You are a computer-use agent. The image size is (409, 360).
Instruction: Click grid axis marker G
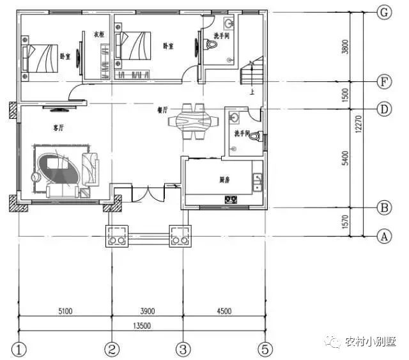[384, 12]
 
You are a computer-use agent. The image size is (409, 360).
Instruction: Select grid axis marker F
[384, 82]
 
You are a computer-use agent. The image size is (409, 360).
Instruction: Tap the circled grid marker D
[384, 109]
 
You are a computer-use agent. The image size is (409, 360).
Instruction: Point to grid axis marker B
[384, 208]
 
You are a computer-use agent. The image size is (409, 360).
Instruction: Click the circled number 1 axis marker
[20, 350]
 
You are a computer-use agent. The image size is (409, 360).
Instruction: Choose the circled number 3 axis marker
[183, 350]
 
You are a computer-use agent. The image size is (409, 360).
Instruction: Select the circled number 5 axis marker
[265, 350]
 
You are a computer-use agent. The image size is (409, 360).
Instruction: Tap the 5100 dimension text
[65, 311]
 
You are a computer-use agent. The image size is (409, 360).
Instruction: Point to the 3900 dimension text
[148, 311]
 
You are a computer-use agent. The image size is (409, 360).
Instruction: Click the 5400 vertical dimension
[346, 158]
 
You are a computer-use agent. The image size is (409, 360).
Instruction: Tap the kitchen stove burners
[231, 200]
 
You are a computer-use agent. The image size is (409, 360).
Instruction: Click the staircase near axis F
[251, 72]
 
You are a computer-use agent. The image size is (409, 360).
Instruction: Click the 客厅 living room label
[60, 128]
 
